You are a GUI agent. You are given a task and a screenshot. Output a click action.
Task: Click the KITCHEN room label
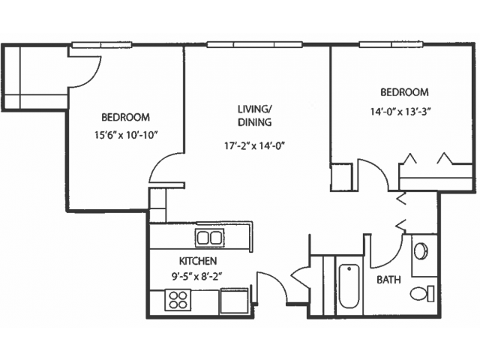[198, 261]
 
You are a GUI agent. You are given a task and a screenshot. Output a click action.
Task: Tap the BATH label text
[388, 280]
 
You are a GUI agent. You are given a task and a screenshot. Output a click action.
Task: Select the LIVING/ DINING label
[255, 115]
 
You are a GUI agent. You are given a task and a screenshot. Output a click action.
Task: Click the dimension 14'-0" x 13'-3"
[400, 112]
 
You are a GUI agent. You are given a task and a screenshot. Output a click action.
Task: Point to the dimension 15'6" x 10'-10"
[127, 135]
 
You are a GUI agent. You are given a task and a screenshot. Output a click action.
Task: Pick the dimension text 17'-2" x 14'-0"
[255, 146]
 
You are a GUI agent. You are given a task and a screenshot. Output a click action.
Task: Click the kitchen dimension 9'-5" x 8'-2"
[196, 277]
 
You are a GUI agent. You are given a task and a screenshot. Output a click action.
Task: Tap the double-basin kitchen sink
[210, 238]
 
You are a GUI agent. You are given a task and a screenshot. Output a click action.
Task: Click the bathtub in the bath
[349, 286]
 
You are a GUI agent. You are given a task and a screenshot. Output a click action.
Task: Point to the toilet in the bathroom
[421, 294]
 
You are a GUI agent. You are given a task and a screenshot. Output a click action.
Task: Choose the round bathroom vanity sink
[421, 251]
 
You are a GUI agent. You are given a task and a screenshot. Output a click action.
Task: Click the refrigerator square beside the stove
[234, 301]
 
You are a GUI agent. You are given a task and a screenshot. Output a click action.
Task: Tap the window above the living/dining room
[255, 45]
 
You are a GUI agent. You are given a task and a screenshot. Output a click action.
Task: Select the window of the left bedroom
[102, 45]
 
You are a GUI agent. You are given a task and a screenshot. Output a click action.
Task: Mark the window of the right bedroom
[391, 45]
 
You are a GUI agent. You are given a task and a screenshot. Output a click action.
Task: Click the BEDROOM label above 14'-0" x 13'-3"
[404, 92]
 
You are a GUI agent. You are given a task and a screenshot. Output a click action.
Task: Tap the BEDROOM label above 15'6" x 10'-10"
[125, 117]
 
